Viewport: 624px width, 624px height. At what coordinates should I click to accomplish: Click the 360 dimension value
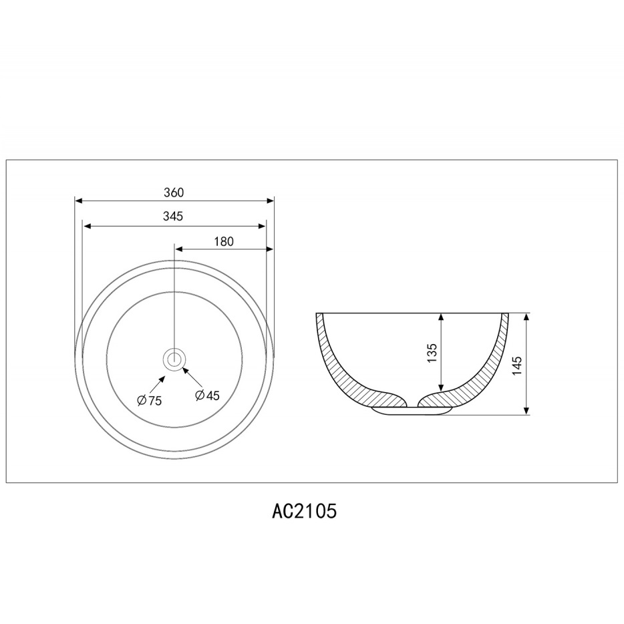pos(174,192)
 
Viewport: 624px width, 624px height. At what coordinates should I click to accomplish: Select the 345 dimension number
pos(173,216)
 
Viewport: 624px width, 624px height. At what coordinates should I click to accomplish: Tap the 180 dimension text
pos(224,242)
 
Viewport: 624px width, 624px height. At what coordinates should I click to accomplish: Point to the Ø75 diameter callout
pos(149,400)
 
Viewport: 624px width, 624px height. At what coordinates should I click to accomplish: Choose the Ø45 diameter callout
pos(207,395)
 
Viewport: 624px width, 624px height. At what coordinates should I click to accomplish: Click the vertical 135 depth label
pos(432,353)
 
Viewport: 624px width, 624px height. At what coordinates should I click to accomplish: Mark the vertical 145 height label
pos(516,365)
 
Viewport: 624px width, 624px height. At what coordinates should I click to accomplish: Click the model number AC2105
pos(305,510)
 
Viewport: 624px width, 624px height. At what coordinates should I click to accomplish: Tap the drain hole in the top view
pos(174,359)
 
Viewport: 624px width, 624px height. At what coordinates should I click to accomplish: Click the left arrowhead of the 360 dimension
pos(78,200)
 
